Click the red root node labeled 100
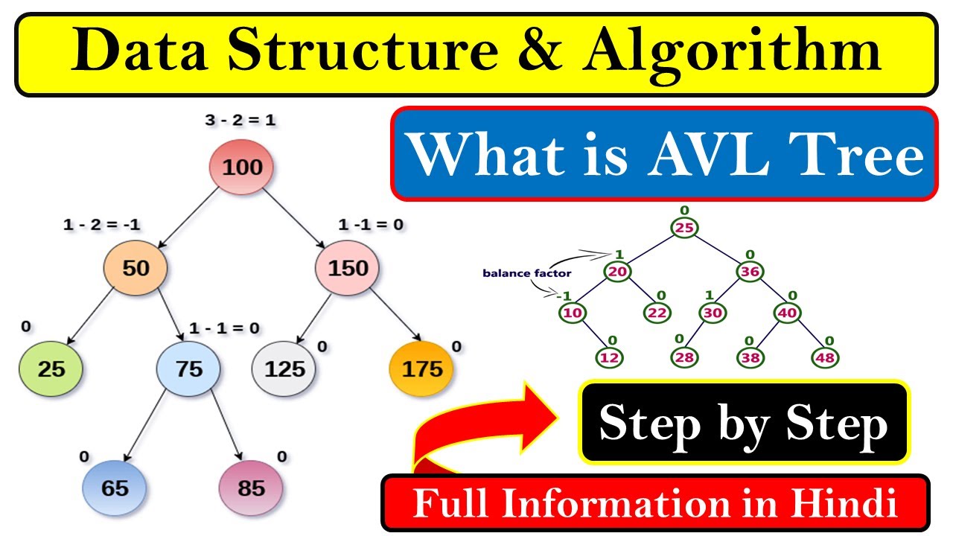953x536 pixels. point(241,167)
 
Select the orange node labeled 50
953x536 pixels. point(136,268)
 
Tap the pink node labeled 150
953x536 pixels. point(348,268)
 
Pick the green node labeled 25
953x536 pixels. point(51,368)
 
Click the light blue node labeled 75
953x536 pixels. point(189,368)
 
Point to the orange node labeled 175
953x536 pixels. point(422,368)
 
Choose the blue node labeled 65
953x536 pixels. point(115,488)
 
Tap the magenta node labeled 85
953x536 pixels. point(251,488)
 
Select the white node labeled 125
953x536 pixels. point(284,368)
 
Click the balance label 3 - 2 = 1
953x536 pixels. point(240,119)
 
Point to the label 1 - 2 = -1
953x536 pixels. point(102,225)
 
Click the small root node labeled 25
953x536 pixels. point(685,228)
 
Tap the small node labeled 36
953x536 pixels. point(750,272)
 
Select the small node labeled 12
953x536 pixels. point(610,357)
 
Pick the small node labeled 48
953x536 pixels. point(825,357)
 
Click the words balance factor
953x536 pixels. point(527,273)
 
